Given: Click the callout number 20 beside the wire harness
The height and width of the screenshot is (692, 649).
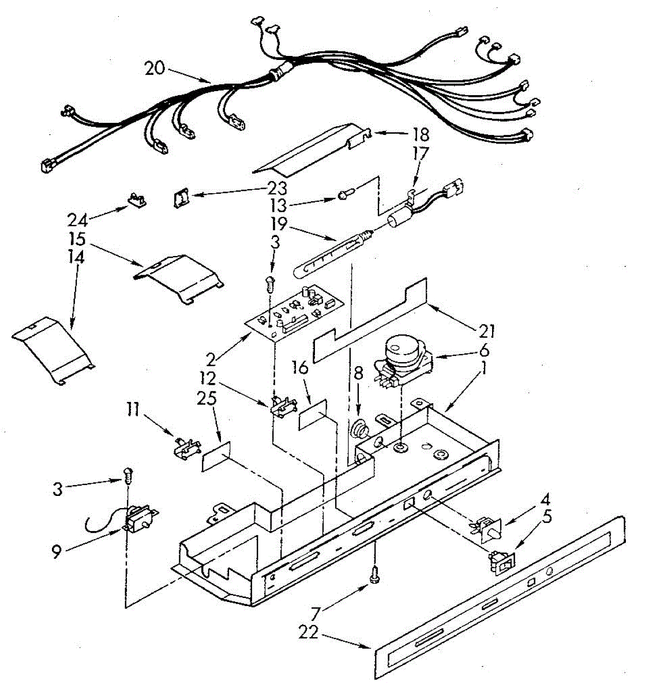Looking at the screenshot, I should [154, 69].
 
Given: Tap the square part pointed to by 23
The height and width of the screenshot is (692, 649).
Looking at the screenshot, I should [181, 199].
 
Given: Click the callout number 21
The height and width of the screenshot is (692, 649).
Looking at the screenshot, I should [487, 331].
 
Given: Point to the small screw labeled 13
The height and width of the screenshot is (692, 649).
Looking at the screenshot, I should [344, 197].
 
